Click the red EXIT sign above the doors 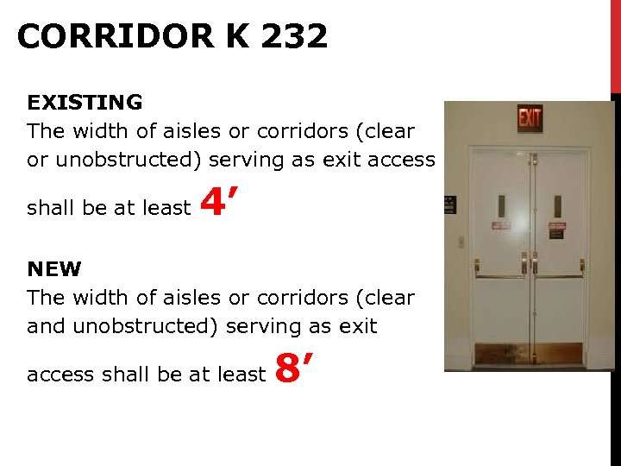(530, 118)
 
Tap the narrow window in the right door (557, 206)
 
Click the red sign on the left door (501, 226)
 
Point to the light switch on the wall (461, 242)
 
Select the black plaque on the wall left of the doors (449, 205)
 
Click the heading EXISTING (85, 103)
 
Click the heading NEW (53, 269)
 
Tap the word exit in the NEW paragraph (359, 326)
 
